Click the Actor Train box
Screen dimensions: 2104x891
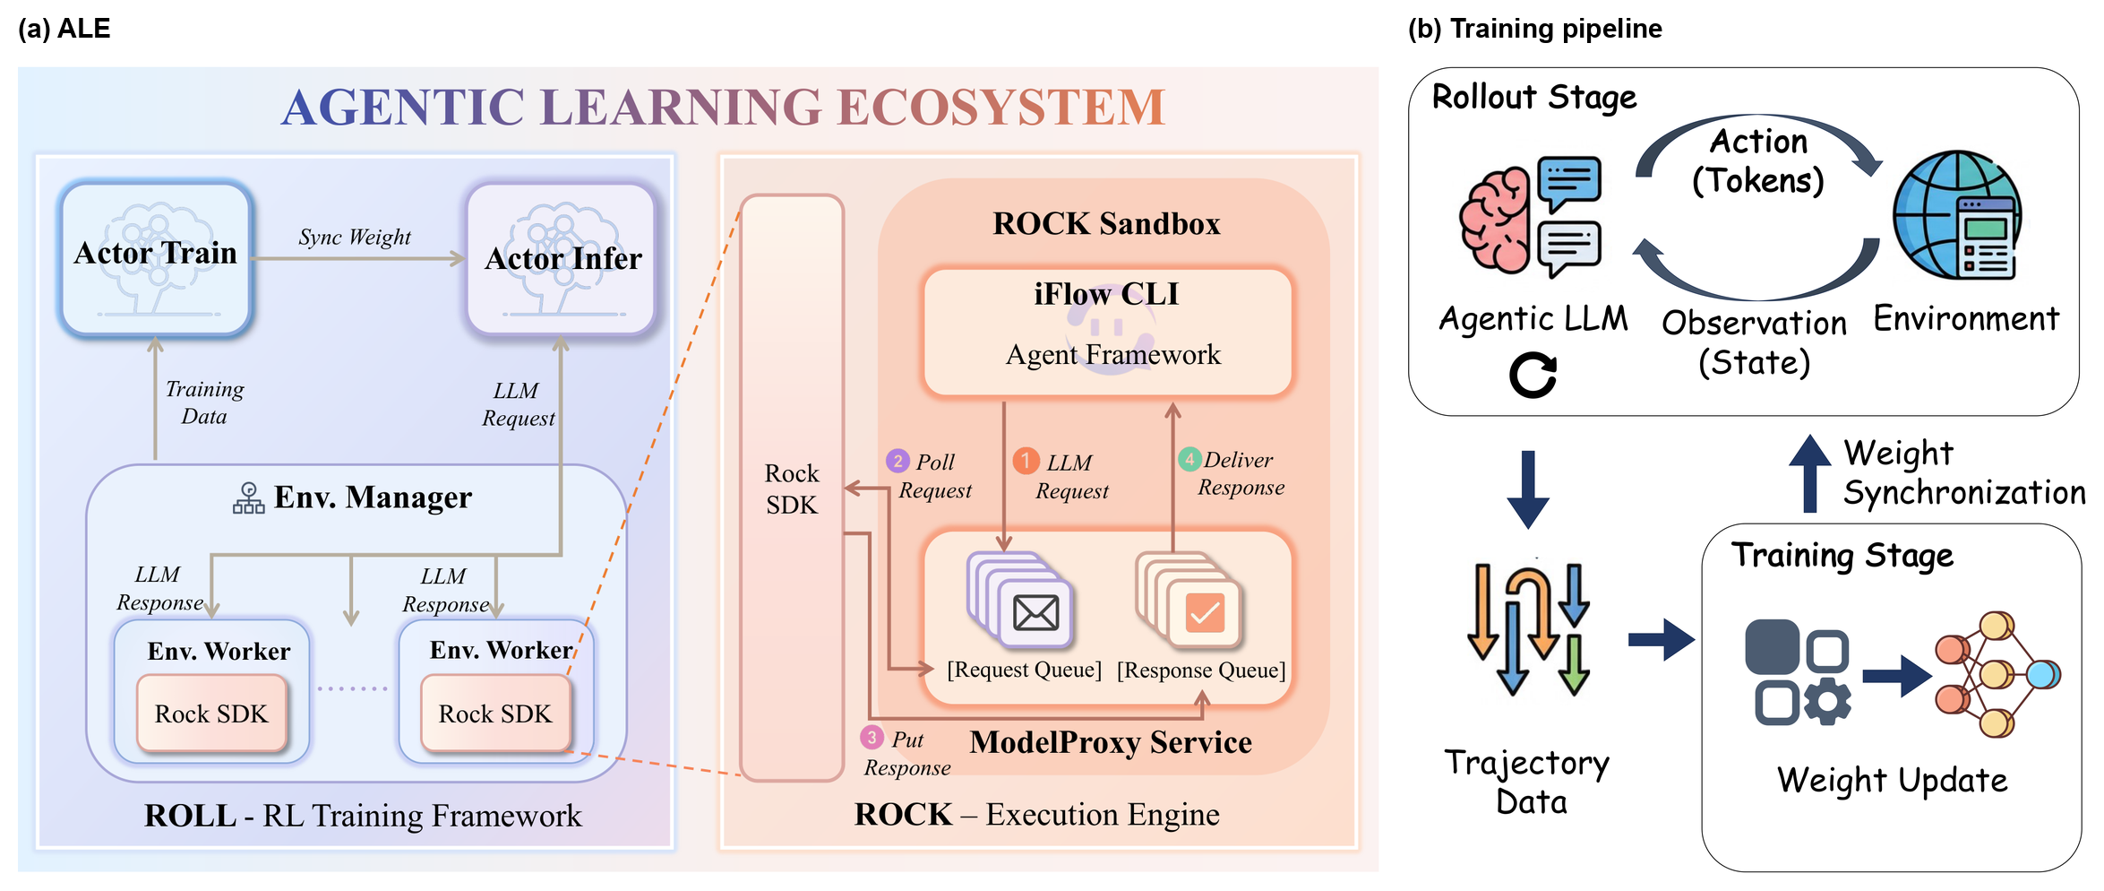click(156, 258)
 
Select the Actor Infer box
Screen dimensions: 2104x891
click(562, 258)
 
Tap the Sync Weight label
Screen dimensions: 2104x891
click(355, 237)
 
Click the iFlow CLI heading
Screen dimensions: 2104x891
click(1106, 294)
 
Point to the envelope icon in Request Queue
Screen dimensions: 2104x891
click(1035, 613)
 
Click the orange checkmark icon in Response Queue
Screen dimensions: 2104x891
click(1205, 613)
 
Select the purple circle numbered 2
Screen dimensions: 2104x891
click(897, 462)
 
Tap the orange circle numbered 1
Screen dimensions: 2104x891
click(1026, 461)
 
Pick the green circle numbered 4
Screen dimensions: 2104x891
click(1189, 459)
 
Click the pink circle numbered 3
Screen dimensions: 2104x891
click(872, 737)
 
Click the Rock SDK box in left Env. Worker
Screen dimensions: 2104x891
click(211, 714)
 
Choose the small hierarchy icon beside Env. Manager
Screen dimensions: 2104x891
click(248, 498)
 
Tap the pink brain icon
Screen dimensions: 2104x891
click(1494, 220)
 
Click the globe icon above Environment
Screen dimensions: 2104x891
click(1957, 215)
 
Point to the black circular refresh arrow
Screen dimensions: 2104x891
click(1533, 375)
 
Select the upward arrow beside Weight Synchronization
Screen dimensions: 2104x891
click(1809, 473)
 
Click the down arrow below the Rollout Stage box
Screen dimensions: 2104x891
click(1528, 489)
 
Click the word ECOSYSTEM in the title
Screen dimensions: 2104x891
click(1001, 108)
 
